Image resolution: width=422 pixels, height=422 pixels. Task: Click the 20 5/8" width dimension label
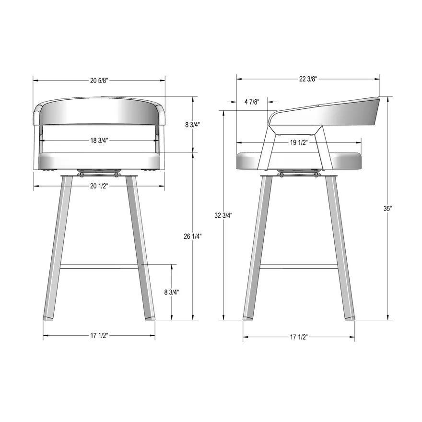coord(99,81)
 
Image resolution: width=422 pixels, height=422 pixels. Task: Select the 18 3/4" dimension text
coord(99,141)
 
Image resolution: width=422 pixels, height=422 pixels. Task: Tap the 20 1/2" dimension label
coord(99,186)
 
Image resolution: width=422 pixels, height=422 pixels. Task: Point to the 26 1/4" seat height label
coord(193,236)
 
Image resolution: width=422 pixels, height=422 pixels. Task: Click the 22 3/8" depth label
coord(308,79)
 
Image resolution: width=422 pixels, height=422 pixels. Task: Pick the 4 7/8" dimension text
coord(252,102)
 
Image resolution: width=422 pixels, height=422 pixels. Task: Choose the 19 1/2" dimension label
coord(299,142)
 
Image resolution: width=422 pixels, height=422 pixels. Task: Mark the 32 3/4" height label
coord(223,215)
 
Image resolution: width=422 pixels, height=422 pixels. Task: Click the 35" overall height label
coord(387,208)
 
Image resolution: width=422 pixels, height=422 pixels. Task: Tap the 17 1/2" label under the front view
coord(99,336)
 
